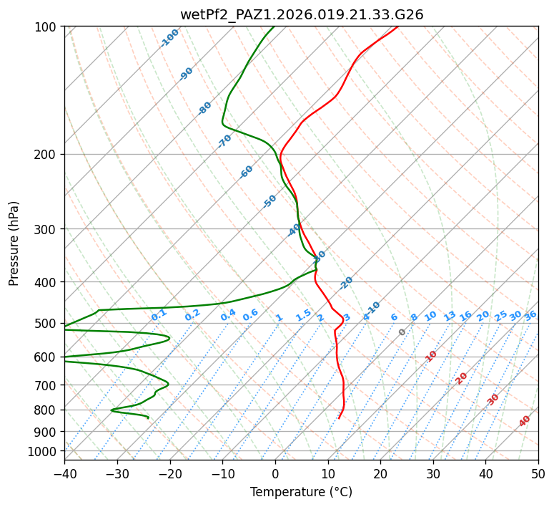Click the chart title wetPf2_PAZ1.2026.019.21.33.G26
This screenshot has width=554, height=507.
(x=301, y=14)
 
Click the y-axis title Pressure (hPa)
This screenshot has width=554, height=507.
(x=14, y=243)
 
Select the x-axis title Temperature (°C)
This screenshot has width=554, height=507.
(x=301, y=492)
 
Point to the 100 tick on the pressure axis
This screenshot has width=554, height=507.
(x=47, y=27)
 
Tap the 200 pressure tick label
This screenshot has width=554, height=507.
(x=47, y=154)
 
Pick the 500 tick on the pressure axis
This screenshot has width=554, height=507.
(x=47, y=324)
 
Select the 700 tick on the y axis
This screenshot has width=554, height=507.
(x=47, y=385)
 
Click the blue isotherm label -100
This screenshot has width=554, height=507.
(x=170, y=38)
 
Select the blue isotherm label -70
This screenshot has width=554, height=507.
(x=224, y=141)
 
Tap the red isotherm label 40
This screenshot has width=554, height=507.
(x=525, y=421)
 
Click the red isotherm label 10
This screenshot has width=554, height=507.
(x=431, y=356)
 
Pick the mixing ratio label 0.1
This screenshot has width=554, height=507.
(x=159, y=315)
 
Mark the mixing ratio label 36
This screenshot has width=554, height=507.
(x=530, y=315)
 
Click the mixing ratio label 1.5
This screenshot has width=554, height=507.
(x=303, y=315)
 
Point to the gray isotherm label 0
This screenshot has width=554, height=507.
(x=402, y=332)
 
